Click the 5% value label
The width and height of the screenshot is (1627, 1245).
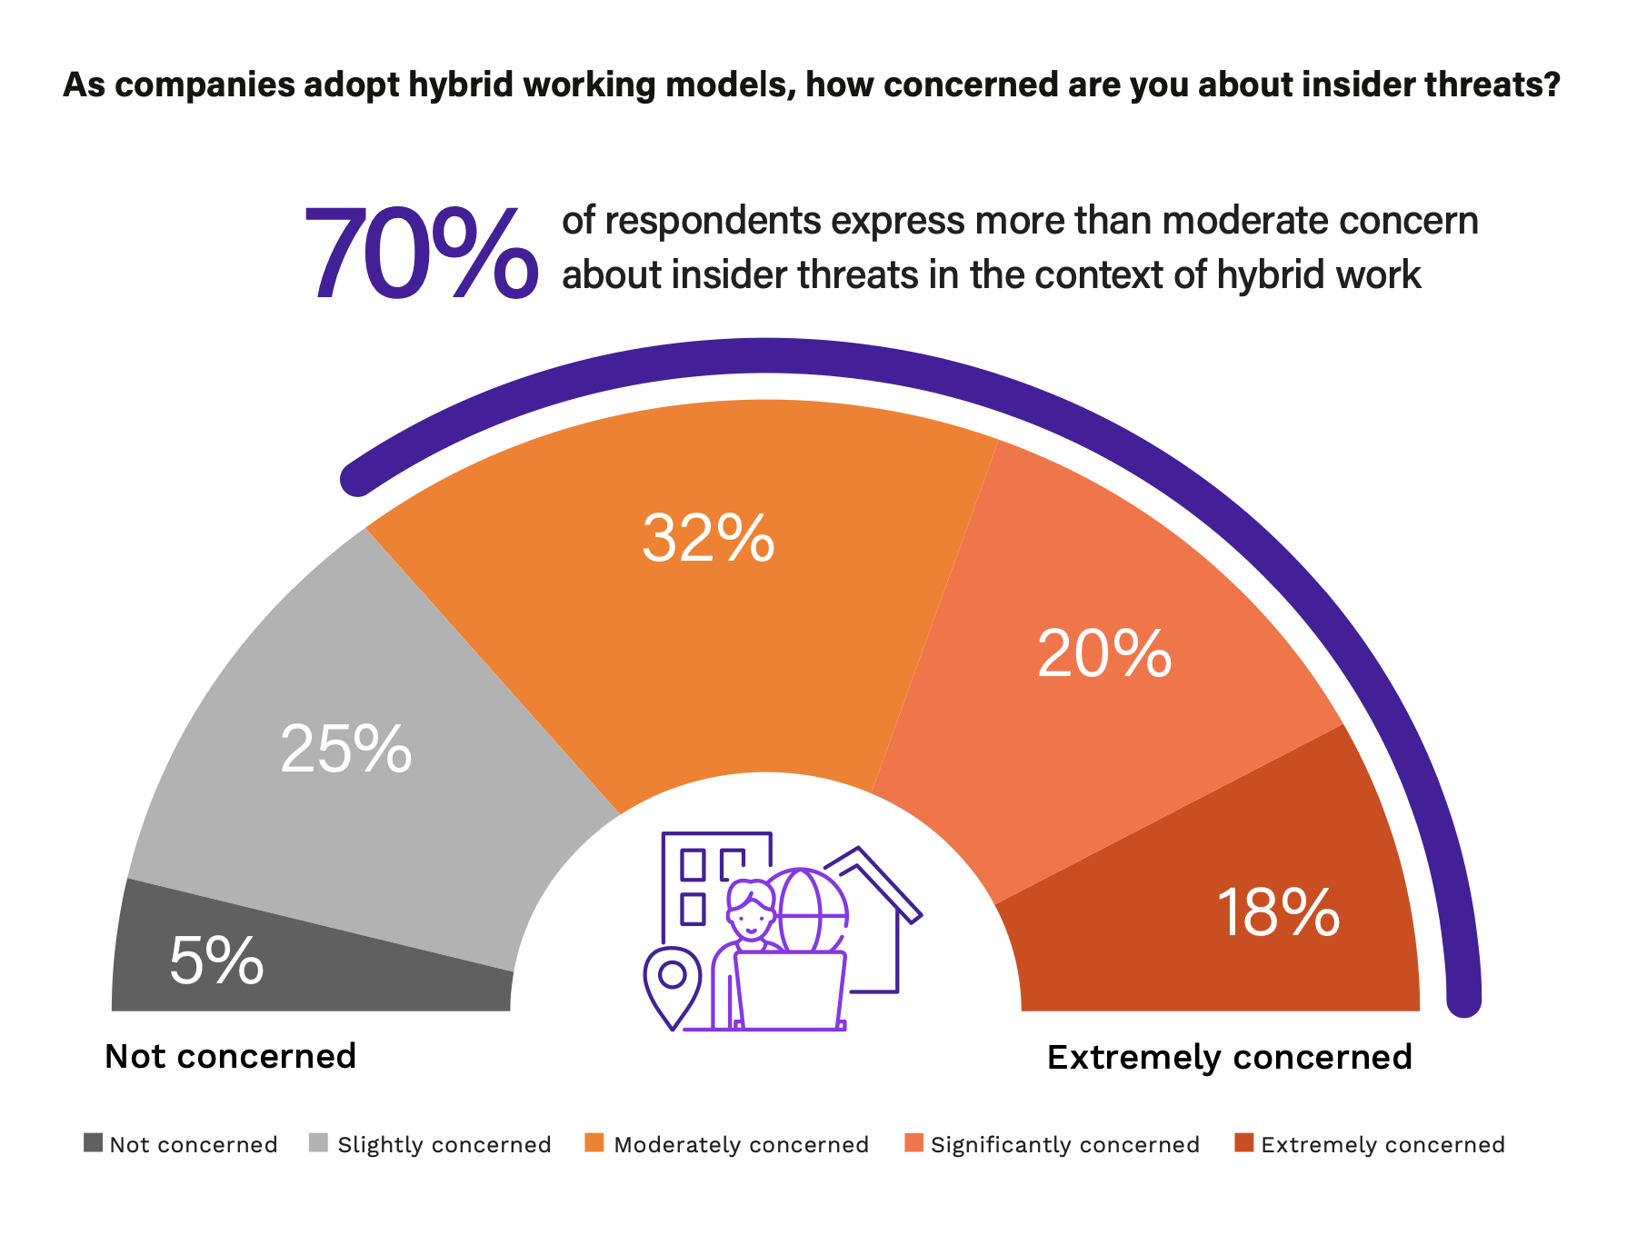(216, 961)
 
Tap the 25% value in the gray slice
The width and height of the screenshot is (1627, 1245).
(346, 750)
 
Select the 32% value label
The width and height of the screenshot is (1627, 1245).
(708, 538)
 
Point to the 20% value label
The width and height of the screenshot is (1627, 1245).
(1103, 653)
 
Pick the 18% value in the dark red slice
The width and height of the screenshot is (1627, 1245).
(1277, 912)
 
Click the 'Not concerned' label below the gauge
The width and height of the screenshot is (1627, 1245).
(230, 1056)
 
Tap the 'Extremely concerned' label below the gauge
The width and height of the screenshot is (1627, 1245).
(1229, 1057)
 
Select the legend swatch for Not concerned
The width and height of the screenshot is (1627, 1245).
(93, 1142)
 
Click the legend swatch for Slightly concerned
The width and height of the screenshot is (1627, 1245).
(319, 1142)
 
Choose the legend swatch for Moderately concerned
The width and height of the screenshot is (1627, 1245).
(595, 1142)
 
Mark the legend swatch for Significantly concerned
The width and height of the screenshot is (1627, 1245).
(913, 1142)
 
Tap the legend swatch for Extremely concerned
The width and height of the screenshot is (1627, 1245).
(1244, 1142)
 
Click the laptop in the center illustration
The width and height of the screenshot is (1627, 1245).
(790, 991)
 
